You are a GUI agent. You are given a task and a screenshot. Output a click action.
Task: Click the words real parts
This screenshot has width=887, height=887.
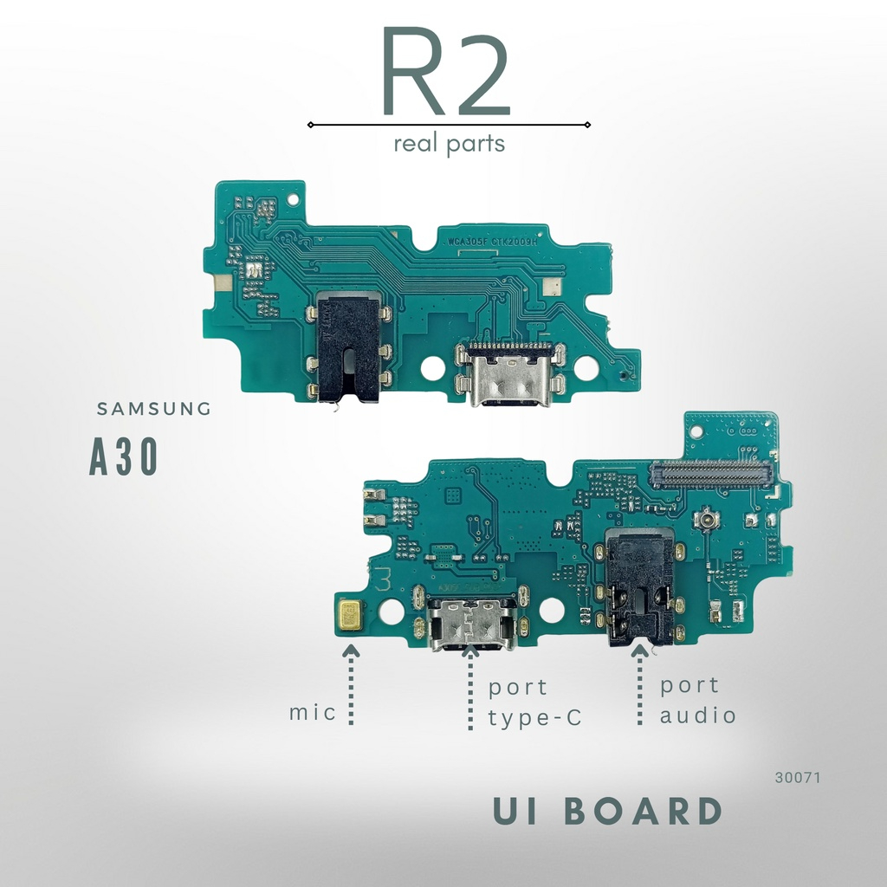(449, 144)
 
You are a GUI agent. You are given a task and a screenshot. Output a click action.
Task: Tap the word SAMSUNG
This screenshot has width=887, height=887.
(153, 409)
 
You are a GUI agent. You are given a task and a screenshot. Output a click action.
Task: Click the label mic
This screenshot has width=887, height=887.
(313, 714)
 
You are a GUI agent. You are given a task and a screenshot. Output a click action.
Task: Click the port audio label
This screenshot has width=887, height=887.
(697, 700)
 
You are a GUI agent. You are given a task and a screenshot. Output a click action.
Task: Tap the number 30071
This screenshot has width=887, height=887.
(797, 778)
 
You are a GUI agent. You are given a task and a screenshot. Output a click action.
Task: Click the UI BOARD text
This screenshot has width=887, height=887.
(607, 812)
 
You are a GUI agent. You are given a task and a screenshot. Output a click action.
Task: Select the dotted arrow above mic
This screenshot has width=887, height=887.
(351, 684)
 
